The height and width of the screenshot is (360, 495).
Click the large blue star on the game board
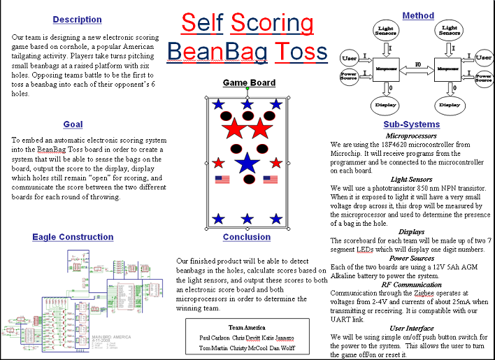click(x=246, y=164)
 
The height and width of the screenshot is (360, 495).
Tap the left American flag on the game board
click(x=222, y=179)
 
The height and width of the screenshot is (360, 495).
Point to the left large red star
click(x=234, y=129)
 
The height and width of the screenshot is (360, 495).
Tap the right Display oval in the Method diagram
click(x=447, y=105)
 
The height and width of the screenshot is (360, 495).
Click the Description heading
click(x=77, y=20)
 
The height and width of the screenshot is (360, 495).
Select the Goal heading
click(x=73, y=124)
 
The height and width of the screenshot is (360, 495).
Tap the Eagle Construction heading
click(x=73, y=238)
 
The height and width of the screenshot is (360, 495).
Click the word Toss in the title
click(x=301, y=51)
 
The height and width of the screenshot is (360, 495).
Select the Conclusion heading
click(x=247, y=238)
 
